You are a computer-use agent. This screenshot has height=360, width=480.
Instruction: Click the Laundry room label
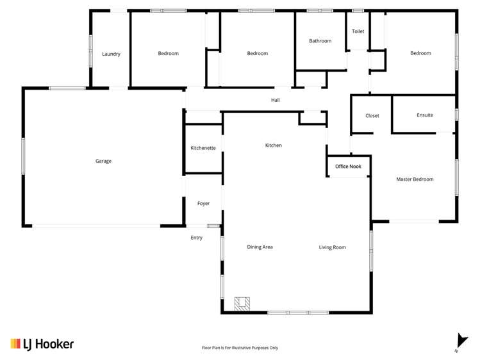pos(111,54)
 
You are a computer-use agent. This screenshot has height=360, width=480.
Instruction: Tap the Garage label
pos(103,161)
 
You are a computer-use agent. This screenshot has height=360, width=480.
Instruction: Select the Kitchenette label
pos(203,148)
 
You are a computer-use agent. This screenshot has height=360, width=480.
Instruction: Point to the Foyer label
pos(203,204)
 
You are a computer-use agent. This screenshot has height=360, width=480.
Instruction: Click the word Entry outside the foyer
pos(196,238)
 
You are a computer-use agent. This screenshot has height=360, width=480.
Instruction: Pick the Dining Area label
pos(260,247)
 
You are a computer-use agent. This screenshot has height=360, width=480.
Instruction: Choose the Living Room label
pos(332,247)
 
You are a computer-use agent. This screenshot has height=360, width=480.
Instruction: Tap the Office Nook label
pos(348,167)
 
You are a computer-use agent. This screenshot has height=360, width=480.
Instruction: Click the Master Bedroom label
pos(415,179)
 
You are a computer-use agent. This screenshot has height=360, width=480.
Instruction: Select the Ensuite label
pos(424,115)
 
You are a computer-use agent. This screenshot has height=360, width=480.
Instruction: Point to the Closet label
pos(372,116)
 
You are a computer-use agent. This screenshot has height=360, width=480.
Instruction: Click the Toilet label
pos(358,31)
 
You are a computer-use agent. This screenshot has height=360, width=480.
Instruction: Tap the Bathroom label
pos(320,41)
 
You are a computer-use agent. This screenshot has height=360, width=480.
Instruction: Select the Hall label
pos(275,100)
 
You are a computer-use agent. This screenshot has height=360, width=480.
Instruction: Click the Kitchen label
pos(274,145)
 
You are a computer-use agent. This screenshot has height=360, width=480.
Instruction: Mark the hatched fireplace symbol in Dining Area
pos(242,304)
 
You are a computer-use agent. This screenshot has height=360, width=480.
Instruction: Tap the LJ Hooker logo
pos(42,344)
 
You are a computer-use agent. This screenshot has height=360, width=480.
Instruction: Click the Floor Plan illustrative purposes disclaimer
pos(240,348)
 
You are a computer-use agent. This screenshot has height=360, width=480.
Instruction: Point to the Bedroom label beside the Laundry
pos(168,53)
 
